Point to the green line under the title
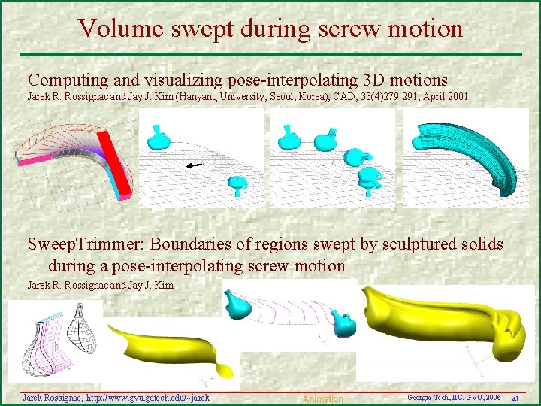(270, 54)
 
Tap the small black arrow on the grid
(194, 165)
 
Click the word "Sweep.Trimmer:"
(86, 244)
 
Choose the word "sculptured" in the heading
(413, 244)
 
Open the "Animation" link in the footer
(322, 399)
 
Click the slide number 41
(515, 398)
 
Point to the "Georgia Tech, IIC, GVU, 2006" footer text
(453, 396)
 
